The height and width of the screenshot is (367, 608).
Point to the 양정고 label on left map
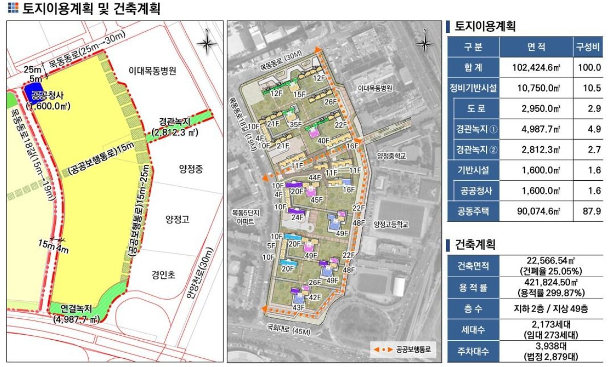coord(177,220)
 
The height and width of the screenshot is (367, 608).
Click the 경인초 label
coord(163,275)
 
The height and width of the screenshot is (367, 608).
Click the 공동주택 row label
coord(473,210)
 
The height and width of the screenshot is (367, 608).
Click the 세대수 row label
coord(473,327)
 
